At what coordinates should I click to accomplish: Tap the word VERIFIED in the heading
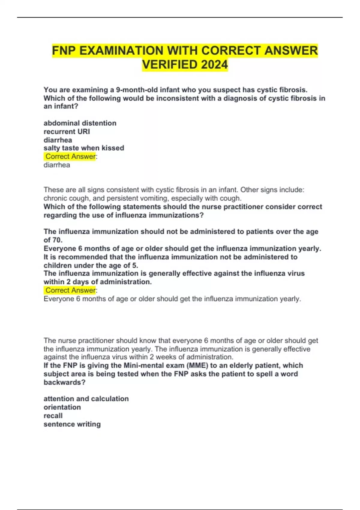(x=170, y=64)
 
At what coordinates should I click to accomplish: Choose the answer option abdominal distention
(x=80, y=123)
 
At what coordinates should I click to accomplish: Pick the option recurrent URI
(x=67, y=131)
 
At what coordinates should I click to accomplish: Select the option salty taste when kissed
(x=84, y=148)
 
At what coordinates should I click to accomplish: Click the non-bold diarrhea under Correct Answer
(x=57, y=165)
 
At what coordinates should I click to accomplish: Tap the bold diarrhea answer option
(x=58, y=140)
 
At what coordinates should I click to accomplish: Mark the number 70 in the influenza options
(x=57, y=240)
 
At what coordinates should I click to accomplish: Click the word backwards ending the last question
(x=64, y=382)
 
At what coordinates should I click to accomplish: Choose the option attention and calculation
(x=86, y=399)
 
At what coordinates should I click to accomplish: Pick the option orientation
(x=62, y=407)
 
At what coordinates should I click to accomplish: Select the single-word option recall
(x=53, y=415)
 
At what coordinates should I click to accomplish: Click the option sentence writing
(x=72, y=424)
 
